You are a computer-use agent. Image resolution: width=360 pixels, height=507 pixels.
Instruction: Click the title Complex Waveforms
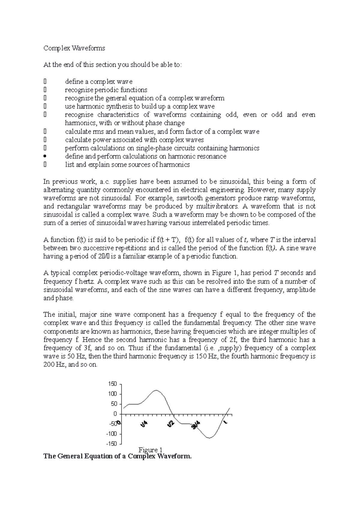(74, 48)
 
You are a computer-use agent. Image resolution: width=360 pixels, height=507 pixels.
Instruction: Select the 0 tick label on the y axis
(115, 414)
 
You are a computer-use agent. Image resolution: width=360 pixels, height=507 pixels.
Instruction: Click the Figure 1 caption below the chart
(150, 450)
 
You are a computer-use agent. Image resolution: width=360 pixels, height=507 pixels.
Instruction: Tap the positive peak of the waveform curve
(156, 390)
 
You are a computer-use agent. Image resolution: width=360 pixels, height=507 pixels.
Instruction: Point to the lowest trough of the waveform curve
(209, 438)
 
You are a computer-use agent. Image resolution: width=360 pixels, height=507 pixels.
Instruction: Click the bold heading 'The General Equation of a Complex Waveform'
(117, 456)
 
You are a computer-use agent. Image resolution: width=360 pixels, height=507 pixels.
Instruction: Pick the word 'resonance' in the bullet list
(214, 157)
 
